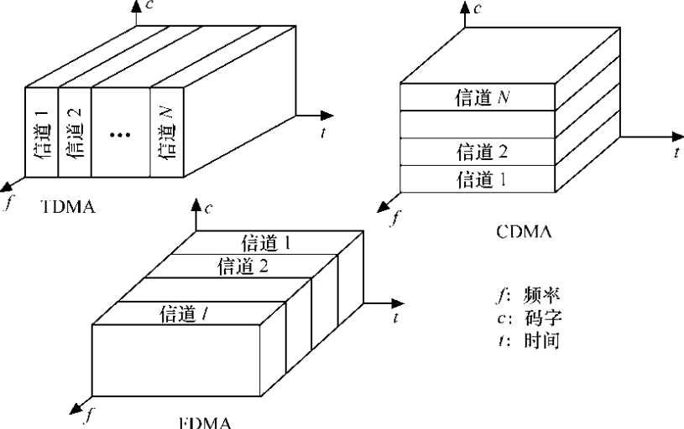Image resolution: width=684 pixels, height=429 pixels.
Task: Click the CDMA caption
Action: click(x=524, y=234)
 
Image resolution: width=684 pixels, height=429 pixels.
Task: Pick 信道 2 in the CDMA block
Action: click(x=480, y=152)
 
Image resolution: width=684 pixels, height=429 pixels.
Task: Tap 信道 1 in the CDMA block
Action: click(x=480, y=178)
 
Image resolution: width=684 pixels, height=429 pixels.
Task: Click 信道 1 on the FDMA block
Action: click(x=266, y=243)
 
